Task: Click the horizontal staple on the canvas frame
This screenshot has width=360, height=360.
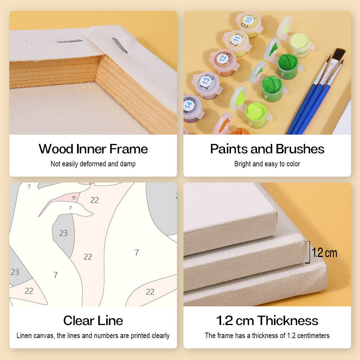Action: [69, 41]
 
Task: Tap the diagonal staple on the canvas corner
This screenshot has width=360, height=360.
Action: [120, 45]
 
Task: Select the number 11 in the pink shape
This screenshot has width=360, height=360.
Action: [74, 198]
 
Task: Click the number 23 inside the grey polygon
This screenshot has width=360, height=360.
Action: [63, 233]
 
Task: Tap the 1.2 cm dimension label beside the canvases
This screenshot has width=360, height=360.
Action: [324, 253]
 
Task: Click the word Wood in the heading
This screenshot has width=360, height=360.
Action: [56, 149]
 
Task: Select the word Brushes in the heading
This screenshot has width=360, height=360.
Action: [300, 149]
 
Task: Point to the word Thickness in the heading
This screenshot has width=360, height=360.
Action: [288, 320]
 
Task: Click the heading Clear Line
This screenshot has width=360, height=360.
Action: [93, 320]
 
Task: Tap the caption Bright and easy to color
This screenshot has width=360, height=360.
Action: [267, 164]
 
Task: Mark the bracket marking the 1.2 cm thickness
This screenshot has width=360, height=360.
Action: [309, 252]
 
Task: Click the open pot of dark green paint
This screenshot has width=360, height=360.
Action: [287, 66]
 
